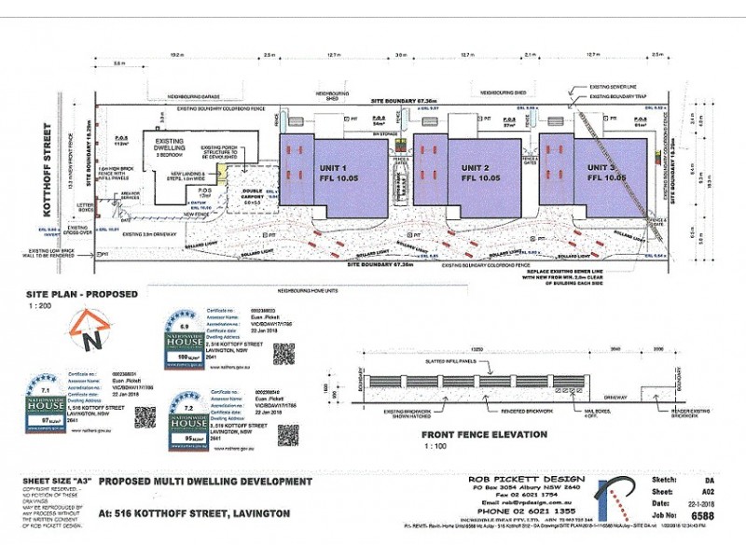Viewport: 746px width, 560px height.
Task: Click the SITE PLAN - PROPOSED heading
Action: [82, 294]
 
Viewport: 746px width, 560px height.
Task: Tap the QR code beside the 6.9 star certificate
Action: [283, 354]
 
